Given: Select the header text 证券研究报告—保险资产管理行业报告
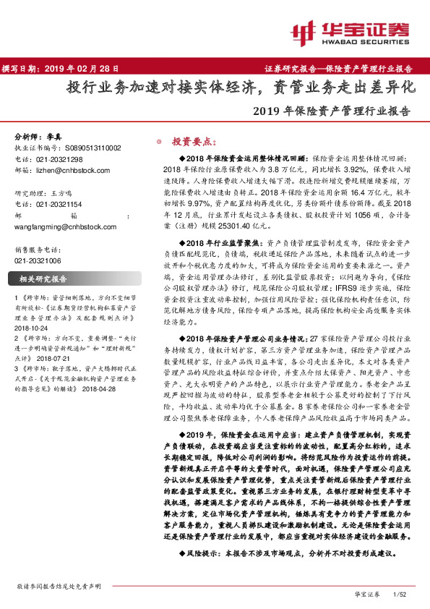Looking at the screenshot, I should (x=338, y=69).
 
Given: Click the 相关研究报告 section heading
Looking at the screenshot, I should (x=43, y=278).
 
